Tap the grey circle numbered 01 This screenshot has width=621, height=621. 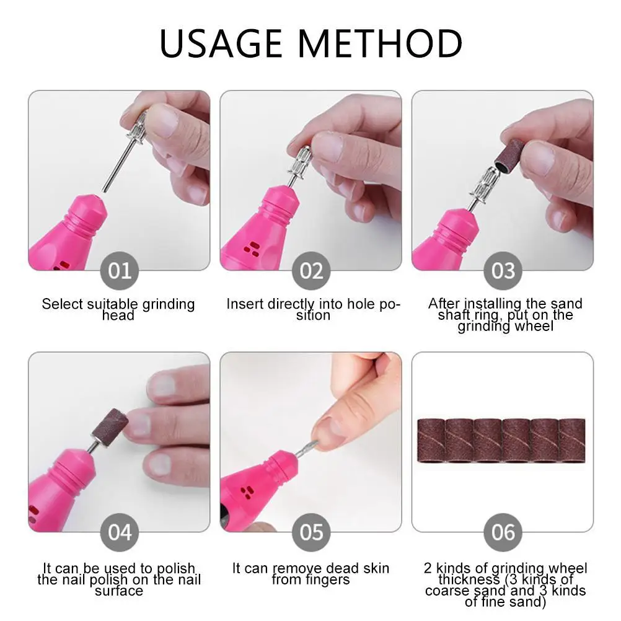[x=119, y=271]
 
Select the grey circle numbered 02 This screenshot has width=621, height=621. [x=311, y=271]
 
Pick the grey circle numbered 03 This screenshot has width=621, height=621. [x=503, y=271]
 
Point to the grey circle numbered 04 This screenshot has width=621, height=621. [x=119, y=532]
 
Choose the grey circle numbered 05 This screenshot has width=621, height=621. [x=311, y=532]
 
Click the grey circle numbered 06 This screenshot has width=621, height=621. [x=503, y=532]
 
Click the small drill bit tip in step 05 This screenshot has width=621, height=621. [x=308, y=447]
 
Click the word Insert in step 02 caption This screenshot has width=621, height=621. [x=244, y=304]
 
